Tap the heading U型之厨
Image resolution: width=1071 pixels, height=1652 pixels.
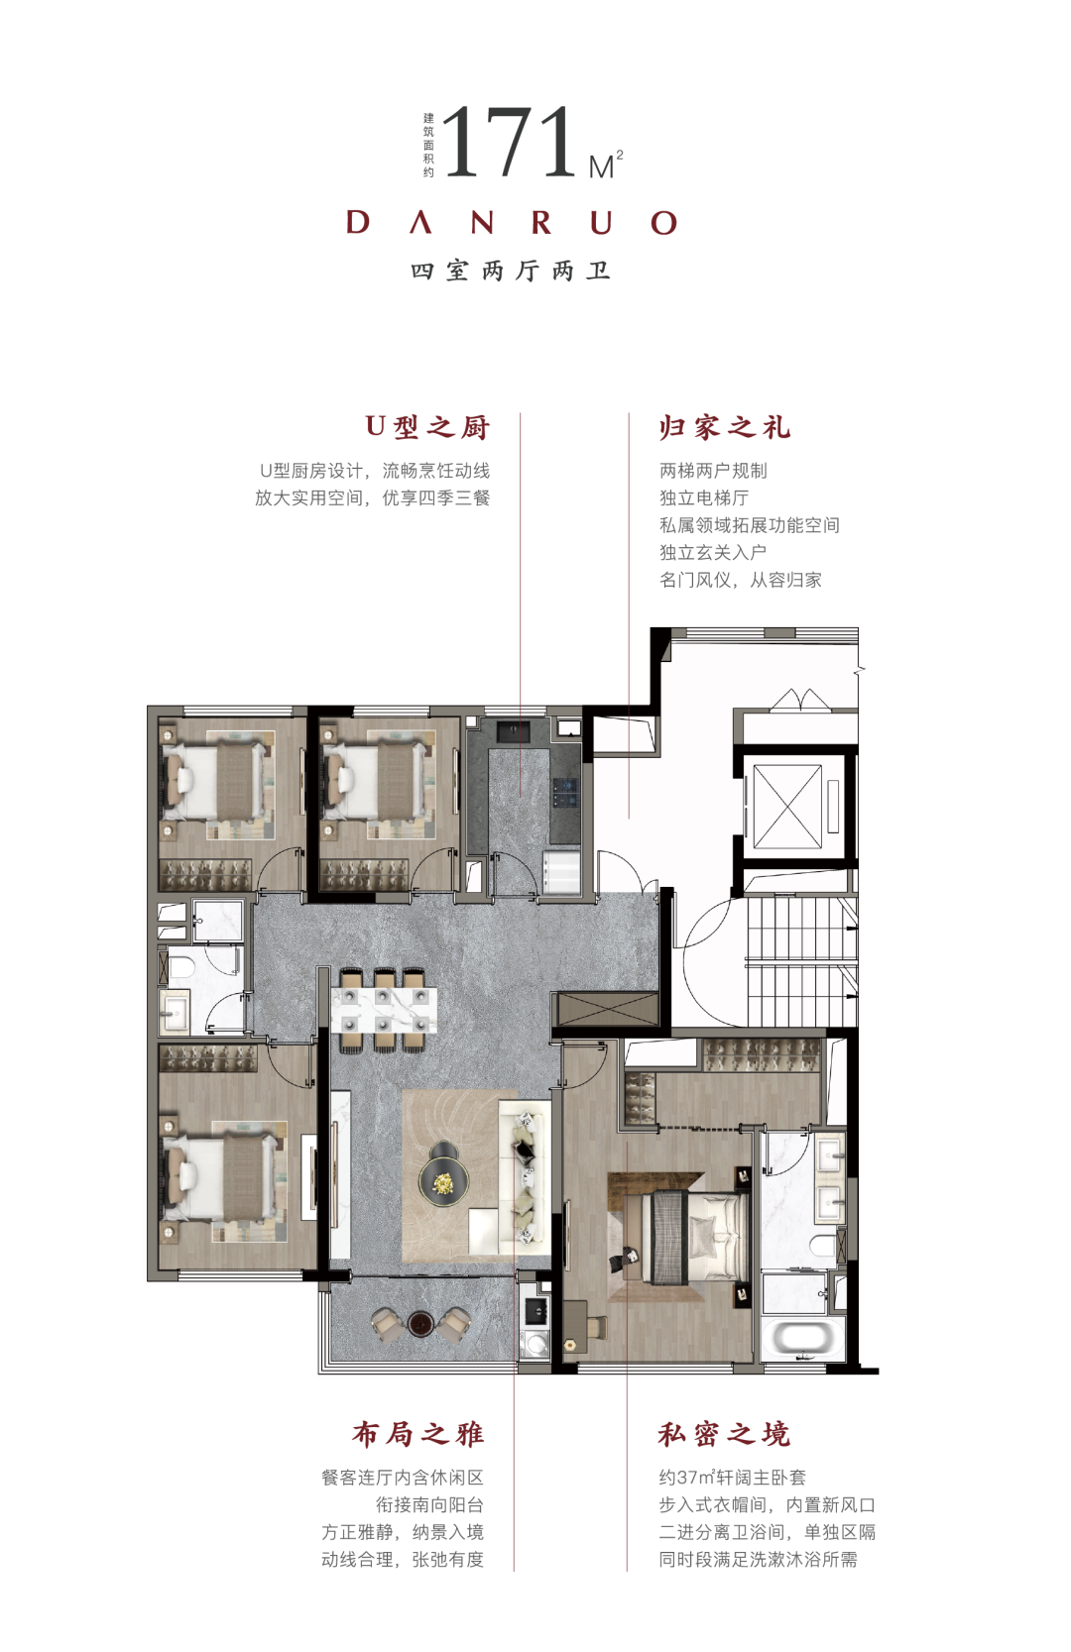pos(427,427)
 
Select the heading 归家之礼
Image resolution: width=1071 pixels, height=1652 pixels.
pos(724,427)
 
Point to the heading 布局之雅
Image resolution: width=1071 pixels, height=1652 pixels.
pos(417,1434)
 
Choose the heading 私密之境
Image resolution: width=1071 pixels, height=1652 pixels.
pos(724,1434)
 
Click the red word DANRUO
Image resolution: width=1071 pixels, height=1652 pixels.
pos(512,223)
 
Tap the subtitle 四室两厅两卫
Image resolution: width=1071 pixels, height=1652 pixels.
pos(511,271)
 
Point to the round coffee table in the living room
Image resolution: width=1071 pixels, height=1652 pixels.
pos(443,1180)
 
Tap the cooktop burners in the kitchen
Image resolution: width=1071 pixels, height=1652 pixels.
pos(565,792)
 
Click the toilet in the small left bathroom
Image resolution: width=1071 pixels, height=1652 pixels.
pos(179,965)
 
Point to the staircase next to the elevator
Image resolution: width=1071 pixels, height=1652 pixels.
pos(801,960)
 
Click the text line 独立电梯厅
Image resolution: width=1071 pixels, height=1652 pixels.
pos(703,497)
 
